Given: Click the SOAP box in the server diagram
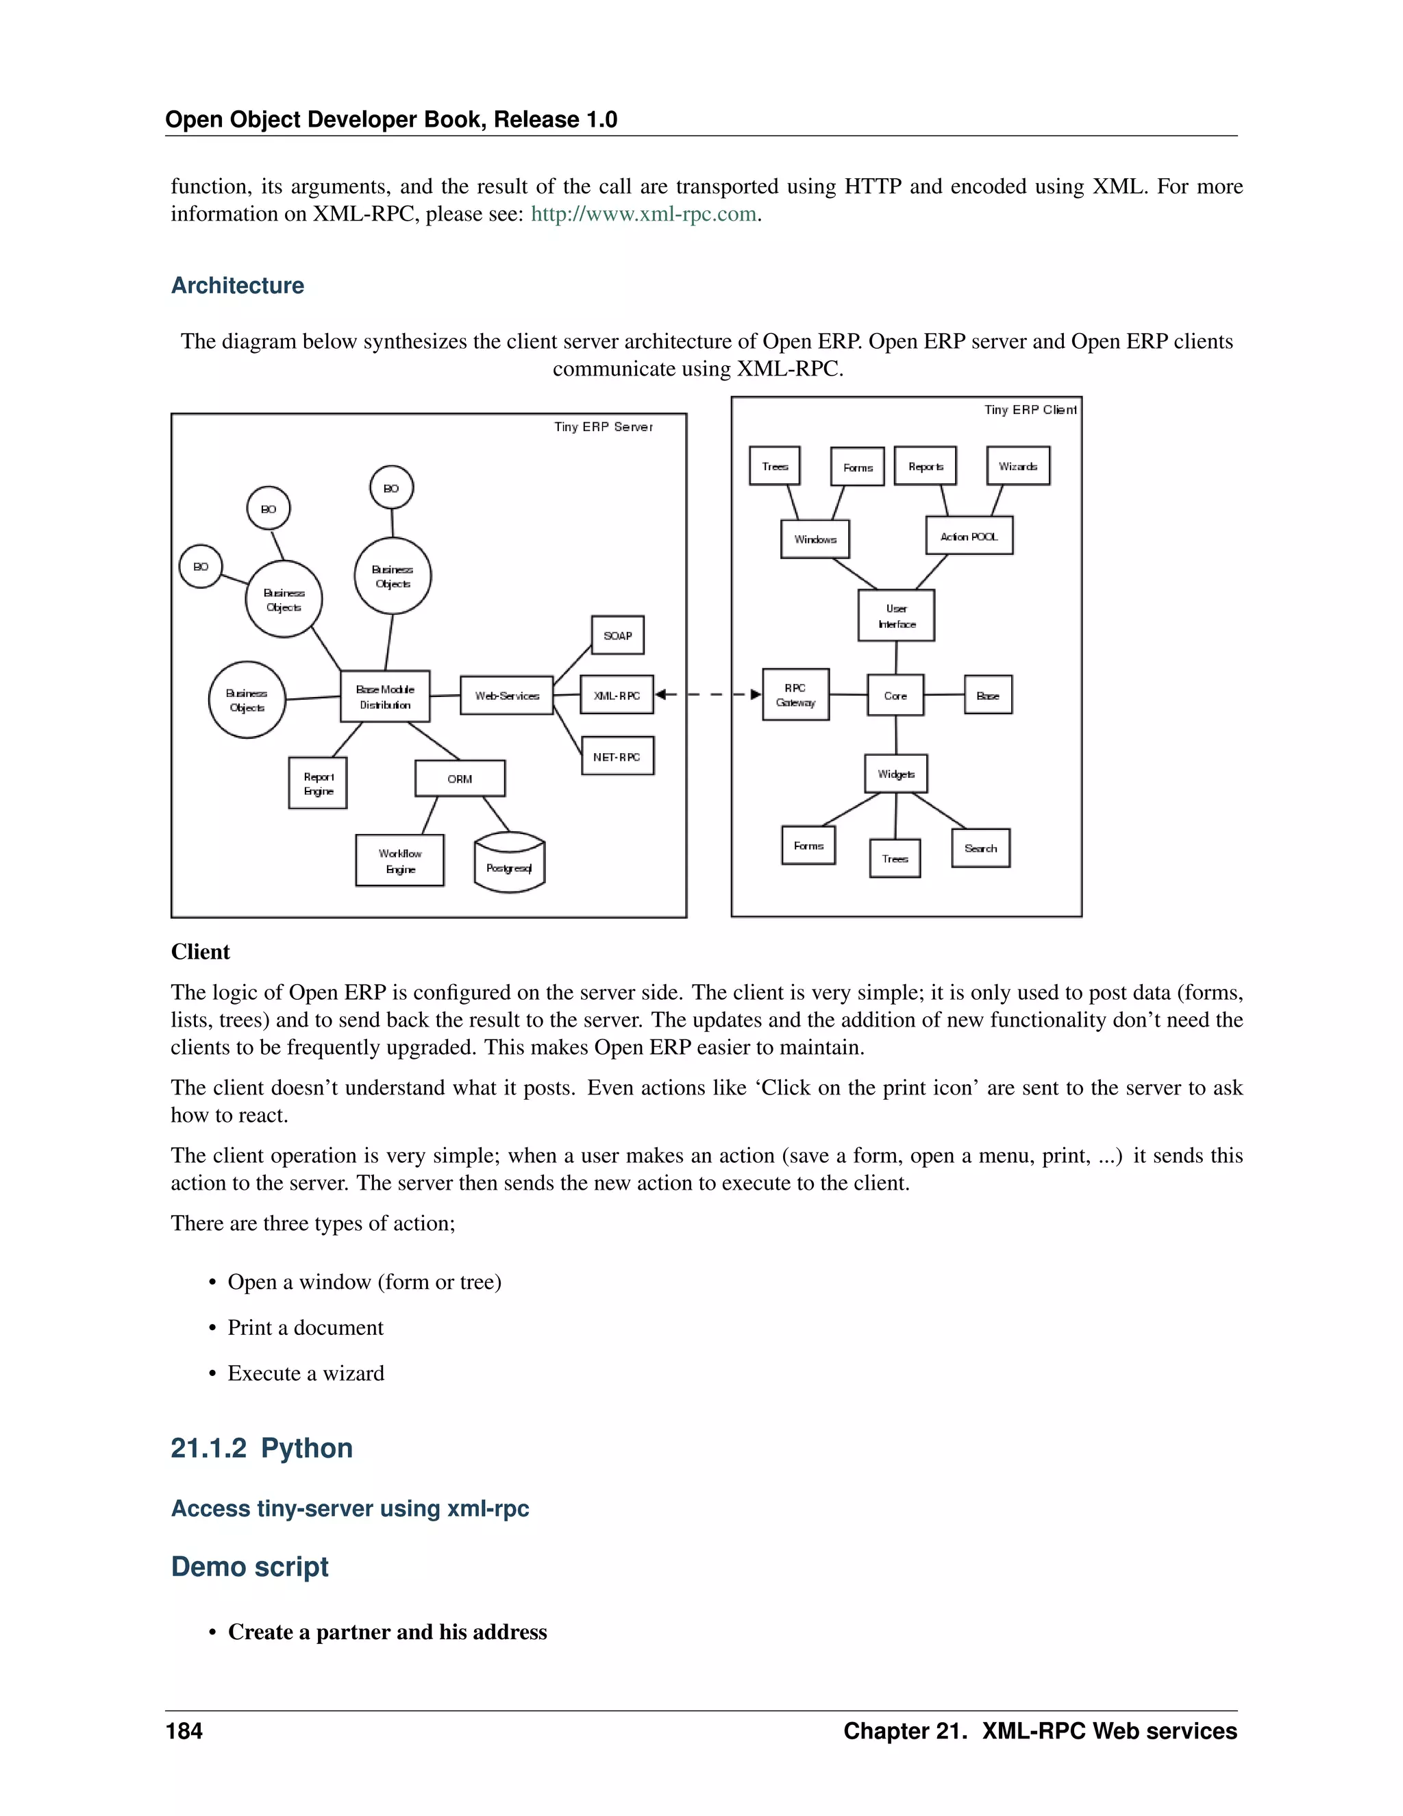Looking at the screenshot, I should click(x=617, y=636).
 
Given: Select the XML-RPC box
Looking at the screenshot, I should click(x=617, y=695).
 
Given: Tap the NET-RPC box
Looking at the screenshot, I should click(x=617, y=757).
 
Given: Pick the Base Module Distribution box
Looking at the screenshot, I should click(x=385, y=697).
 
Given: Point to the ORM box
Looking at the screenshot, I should click(x=460, y=779).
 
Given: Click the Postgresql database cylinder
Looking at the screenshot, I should click(x=510, y=865).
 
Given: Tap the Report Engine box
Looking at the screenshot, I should click(x=319, y=783).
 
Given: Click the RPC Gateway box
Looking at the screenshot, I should click(x=795, y=695).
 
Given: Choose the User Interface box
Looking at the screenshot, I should click(x=896, y=616).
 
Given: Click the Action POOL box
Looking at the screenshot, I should click(x=969, y=537).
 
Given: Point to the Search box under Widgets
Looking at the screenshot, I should click(x=981, y=849).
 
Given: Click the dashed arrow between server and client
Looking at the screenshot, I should click(x=708, y=694).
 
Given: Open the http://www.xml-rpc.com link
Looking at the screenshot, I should click(x=643, y=214).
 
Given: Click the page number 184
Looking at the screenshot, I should click(x=184, y=1731).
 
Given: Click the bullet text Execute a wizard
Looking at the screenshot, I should click(x=306, y=1373).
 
